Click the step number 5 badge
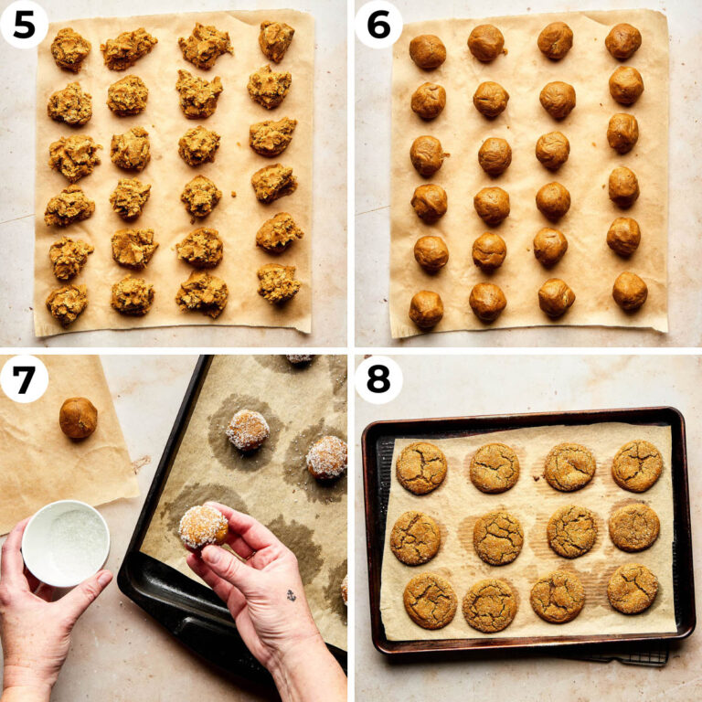(x=24, y=24)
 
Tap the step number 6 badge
(x=378, y=24)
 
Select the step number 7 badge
(x=24, y=378)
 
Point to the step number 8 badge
(x=378, y=378)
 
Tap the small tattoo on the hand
(x=291, y=595)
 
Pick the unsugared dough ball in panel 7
(x=78, y=418)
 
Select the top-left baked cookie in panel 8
(x=421, y=467)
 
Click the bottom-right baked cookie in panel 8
(x=633, y=588)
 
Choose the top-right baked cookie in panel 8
(x=637, y=465)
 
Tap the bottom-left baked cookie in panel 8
(x=430, y=601)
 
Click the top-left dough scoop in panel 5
(x=70, y=48)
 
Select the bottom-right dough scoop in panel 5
(x=278, y=282)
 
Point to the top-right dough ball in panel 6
(x=622, y=41)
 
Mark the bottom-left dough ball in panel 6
(x=426, y=310)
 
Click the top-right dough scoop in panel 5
(x=276, y=40)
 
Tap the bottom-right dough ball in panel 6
(x=630, y=292)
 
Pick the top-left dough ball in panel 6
(x=427, y=52)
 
